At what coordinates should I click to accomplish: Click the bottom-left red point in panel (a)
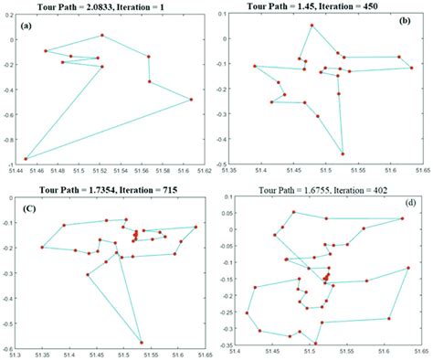(x=26, y=159)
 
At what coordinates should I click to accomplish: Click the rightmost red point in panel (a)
(x=191, y=100)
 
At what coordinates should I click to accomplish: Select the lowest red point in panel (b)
(x=343, y=154)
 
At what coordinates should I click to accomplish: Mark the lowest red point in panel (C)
(x=142, y=342)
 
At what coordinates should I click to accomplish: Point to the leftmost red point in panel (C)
(x=42, y=248)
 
